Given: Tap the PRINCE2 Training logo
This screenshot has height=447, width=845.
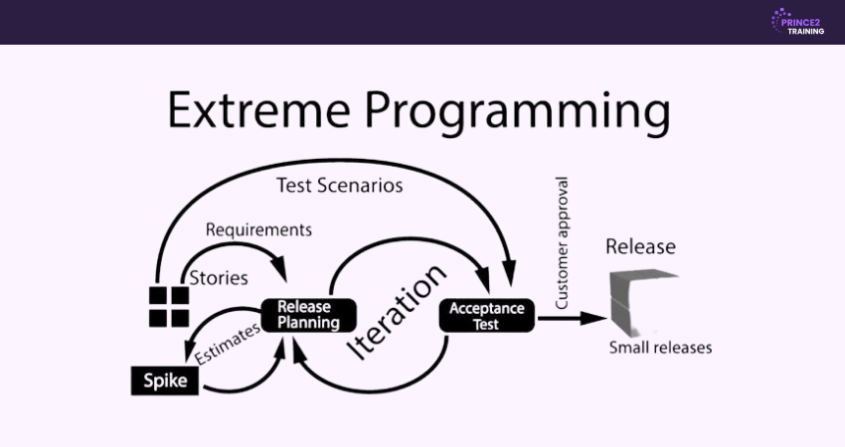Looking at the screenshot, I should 797,22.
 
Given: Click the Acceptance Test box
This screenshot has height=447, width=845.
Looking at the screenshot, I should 486,315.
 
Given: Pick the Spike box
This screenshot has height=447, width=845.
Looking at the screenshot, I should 164,380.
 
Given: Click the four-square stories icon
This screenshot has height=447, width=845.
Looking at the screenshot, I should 169,306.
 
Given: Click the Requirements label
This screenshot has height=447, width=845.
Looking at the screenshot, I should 258,229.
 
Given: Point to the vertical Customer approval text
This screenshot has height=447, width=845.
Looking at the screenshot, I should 562,242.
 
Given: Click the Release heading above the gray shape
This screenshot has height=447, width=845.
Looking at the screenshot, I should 640,246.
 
